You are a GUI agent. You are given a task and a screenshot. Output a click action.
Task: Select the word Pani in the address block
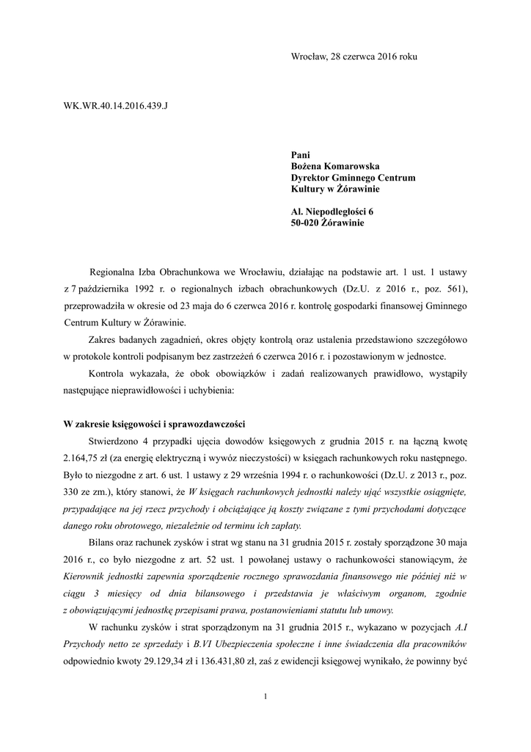coord(301,156)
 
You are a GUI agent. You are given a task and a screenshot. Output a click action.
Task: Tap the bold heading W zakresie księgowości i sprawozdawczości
coord(154,424)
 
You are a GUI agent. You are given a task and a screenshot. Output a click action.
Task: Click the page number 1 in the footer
coord(265,696)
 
